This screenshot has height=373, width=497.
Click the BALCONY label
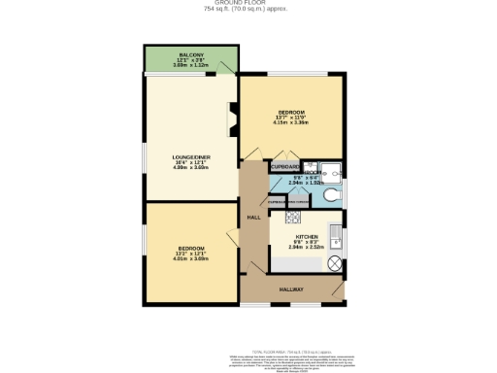coord(189,54)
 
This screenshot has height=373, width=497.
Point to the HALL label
coord(252,218)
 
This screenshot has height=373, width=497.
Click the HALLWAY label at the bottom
coord(292,289)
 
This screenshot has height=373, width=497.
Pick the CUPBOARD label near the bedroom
coord(284,167)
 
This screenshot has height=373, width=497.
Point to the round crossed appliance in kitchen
coord(335,263)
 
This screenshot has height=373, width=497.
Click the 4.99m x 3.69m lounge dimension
coord(191,168)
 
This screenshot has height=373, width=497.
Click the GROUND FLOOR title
coord(248,4)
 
